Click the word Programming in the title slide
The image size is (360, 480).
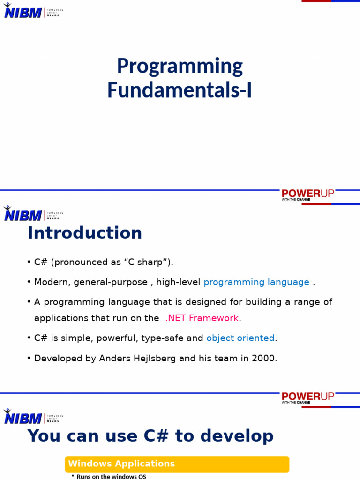pyautogui.click(x=180, y=67)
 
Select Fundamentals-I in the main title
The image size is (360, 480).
pyautogui.click(x=180, y=90)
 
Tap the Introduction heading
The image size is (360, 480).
pyautogui.click(x=85, y=233)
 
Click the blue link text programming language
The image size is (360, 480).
pyautogui.click(x=256, y=282)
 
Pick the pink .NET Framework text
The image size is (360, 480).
pyautogui.click(x=202, y=318)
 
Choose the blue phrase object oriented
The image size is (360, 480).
pyautogui.click(x=240, y=338)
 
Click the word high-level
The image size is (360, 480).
pyautogui.click(x=178, y=282)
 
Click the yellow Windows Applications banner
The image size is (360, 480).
pyautogui.click(x=177, y=464)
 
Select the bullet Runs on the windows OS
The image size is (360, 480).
pyautogui.click(x=111, y=477)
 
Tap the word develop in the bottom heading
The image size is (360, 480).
pyautogui.click(x=241, y=436)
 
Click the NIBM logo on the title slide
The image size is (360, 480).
pyautogui.click(x=23, y=11)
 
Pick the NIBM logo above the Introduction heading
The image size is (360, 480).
pyautogui.click(x=23, y=214)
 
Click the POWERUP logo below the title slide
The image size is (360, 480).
pyautogui.click(x=308, y=195)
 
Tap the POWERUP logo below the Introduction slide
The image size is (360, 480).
pyautogui.click(x=308, y=397)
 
